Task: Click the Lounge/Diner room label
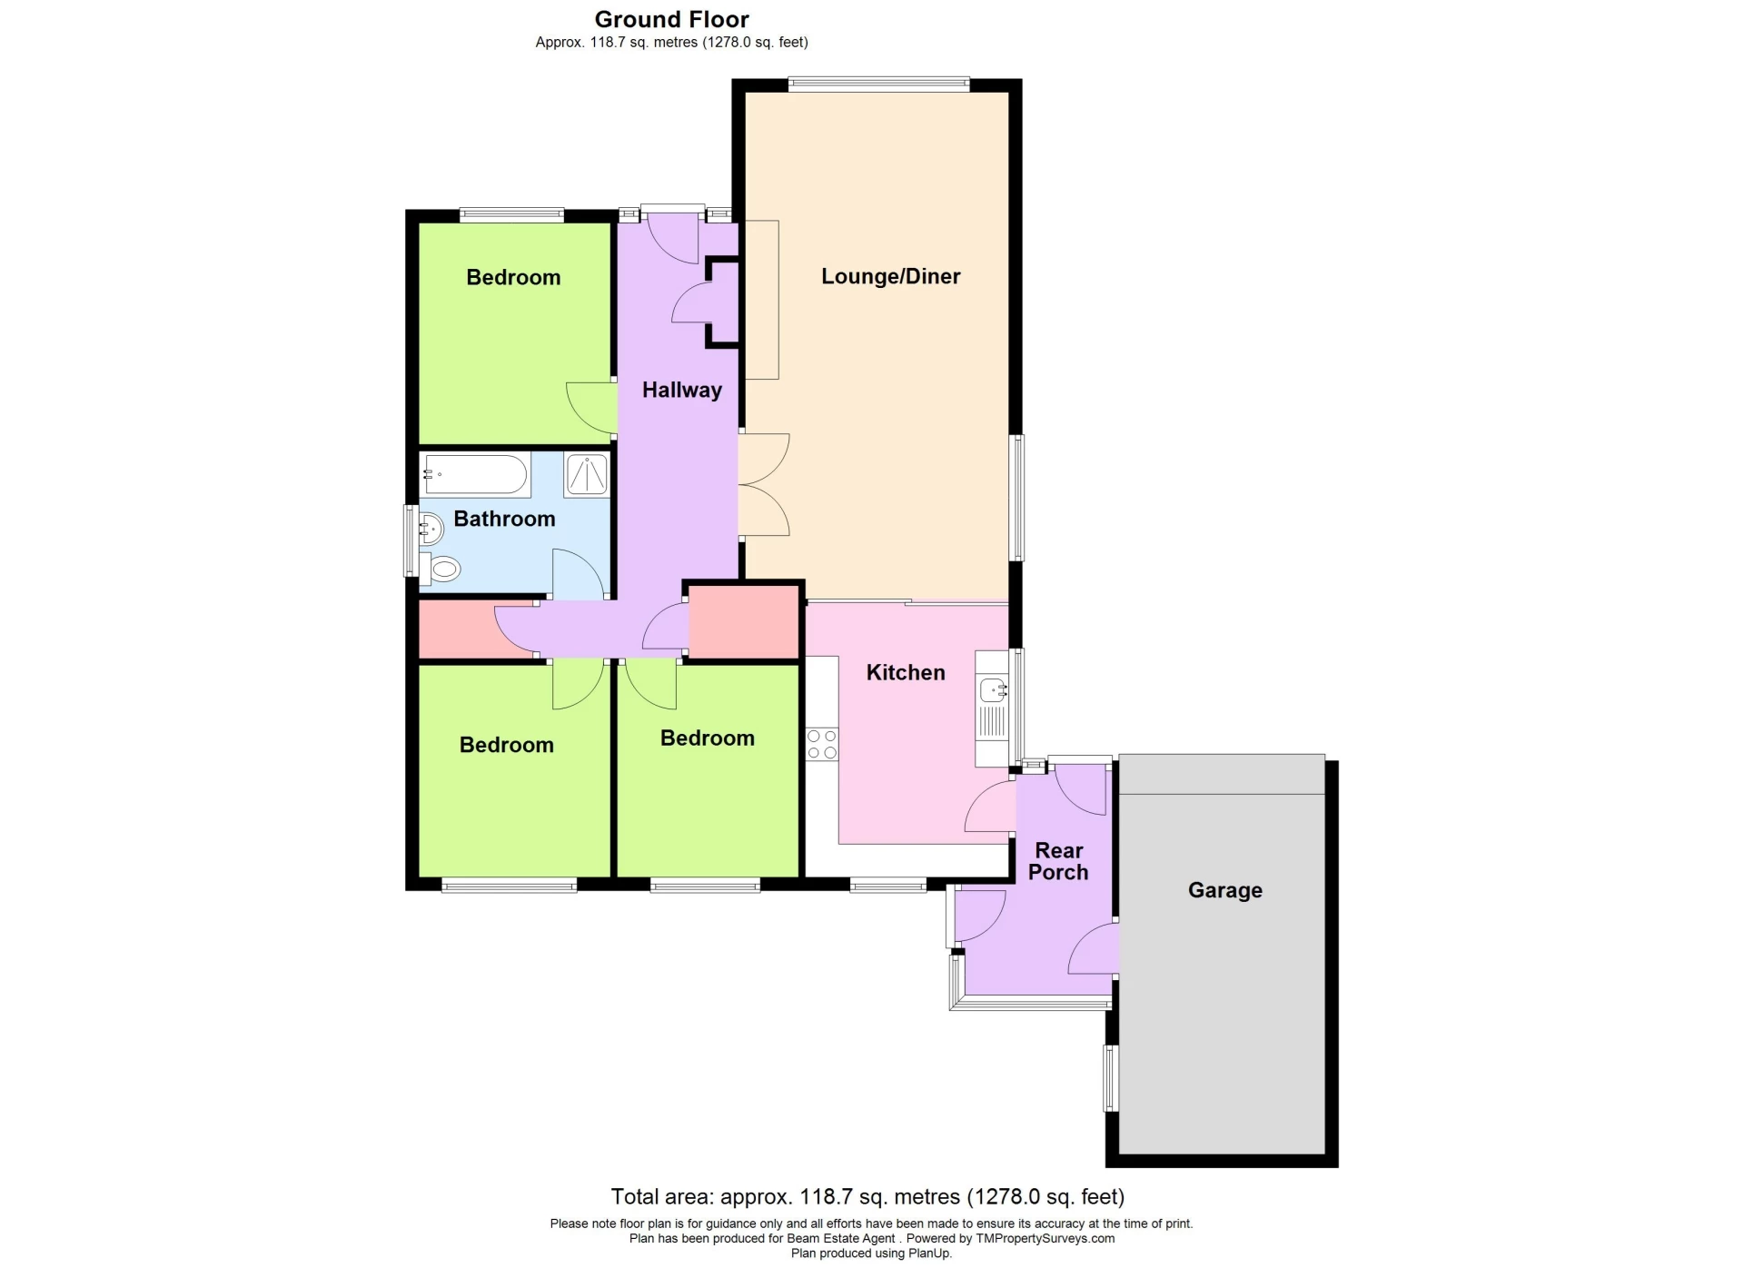click(x=890, y=276)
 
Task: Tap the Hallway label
click(x=682, y=390)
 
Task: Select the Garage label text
click(x=1224, y=890)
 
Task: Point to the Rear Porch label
click(x=1058, y=861)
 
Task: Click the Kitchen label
click(x=906, y=672)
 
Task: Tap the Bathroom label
click(x=504, y=519)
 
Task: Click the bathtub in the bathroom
click(x=475, y=474)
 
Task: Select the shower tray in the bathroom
click(x=586, y=474)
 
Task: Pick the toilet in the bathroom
click(x=441, y=570)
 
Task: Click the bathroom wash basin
click(x=430, y=526)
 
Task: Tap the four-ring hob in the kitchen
click(x=822, y=744)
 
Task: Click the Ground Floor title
click(x=671, y=19)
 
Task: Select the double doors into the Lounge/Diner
click(x=764, y=485)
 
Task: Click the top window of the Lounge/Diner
click(x=878, y=84)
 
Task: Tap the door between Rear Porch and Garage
click(x=1093, y=948)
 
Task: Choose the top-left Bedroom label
click(x=513, y=277)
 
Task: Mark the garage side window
click(x=1110, y=1078)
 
